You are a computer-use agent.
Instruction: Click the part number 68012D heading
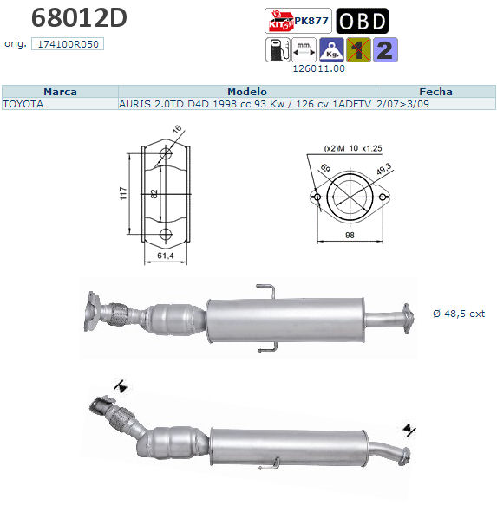[x=79, y=18]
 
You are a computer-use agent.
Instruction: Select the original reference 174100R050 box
[x=68, y=44]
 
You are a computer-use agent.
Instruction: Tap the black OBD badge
[x=362, y=21]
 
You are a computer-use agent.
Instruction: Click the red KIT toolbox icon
[x=280, y=21]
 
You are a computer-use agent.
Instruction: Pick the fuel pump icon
[x=278, y=50]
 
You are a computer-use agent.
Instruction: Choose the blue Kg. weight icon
[x=331, y=50]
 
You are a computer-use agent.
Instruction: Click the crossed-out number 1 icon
[x=358, y=50]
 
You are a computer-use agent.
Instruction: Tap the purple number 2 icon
[x=385, y=50]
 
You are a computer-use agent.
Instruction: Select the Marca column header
[x=61, y=92]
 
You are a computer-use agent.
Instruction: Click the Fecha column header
[x=435, y=92]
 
